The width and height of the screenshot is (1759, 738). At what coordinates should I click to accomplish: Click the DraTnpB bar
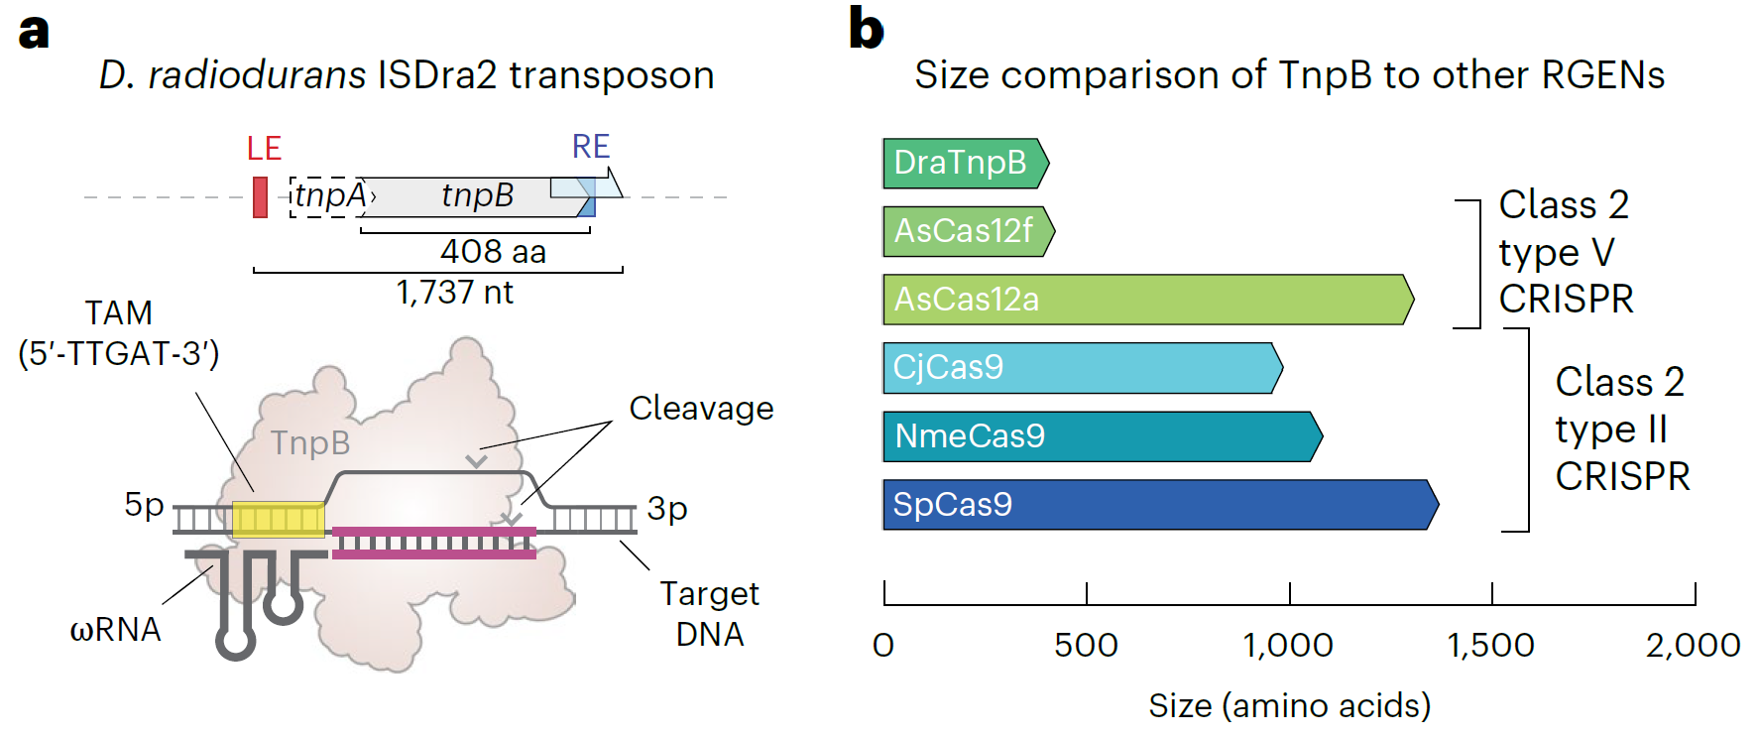click(966, 163)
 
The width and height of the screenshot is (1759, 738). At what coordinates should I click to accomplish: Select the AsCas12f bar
click(969, 231)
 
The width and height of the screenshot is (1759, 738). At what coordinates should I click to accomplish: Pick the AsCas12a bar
click(1148, 300)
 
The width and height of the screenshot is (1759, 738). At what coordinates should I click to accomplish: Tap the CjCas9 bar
click(1083, 368)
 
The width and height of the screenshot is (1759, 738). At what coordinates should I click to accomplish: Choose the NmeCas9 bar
click(1103, 436)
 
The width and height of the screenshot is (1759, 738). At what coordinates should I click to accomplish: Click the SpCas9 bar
click(1160, 505)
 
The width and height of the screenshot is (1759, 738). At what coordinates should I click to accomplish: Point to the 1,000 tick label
click(1288, 646)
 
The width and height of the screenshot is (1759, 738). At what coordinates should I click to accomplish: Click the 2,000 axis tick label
click(1694, 646)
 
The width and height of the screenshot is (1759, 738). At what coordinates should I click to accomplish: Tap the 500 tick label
click(1086, 646)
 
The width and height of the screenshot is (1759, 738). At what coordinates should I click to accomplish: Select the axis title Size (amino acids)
click(1290, 705)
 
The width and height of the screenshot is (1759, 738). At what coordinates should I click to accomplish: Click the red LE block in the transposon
click(260, 196)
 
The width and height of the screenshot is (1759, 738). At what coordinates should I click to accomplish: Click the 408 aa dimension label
click(493, 252)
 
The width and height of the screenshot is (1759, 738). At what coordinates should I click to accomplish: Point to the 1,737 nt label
click(455, 293)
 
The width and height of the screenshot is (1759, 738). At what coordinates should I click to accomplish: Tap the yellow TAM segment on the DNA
click(279, 519)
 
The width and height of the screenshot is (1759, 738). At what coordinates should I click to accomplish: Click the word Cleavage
click(701, 409)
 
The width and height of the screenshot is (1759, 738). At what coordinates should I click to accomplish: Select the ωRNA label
click(115, 630)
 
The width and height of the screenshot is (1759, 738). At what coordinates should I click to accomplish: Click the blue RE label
click(591, 147)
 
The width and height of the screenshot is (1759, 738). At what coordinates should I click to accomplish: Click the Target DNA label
click(710, 614)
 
